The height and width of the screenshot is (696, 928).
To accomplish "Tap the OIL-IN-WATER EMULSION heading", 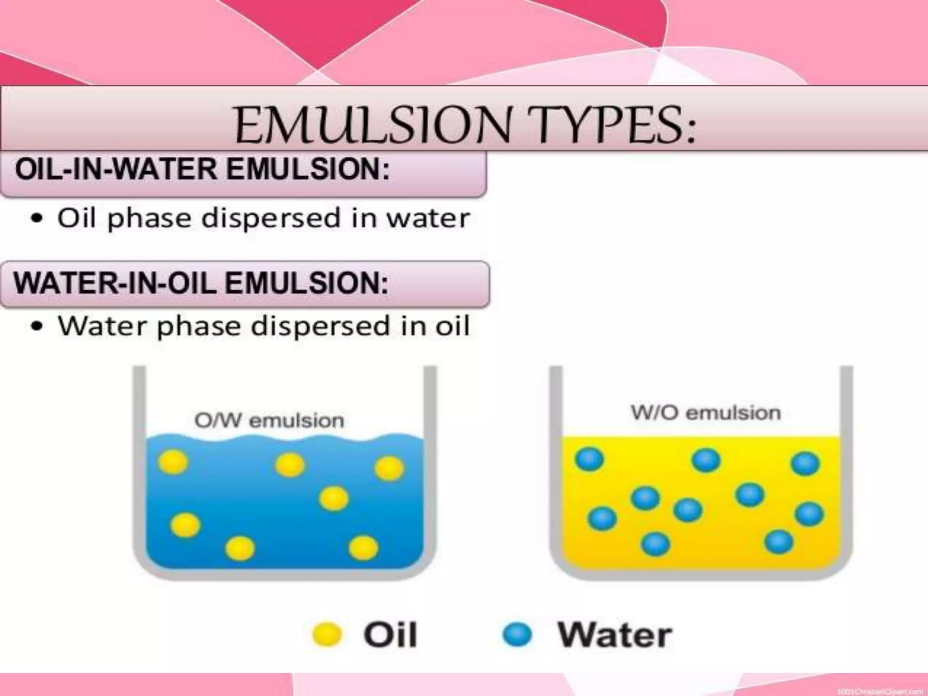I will click(202, 170).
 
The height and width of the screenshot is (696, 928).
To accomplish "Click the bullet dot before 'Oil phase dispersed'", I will click(37, 219).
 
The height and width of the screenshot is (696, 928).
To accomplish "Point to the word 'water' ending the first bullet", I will click(428, 218).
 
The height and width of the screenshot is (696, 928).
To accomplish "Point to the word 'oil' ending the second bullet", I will click(452, 326).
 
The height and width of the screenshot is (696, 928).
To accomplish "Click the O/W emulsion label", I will click(269, 420).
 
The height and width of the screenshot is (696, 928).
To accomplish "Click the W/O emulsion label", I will click(706, 413).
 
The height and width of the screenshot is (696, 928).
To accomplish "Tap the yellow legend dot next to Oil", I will click(327, 634).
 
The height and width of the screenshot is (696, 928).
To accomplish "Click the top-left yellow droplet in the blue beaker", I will click(173, 463).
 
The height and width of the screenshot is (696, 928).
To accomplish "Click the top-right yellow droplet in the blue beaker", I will click(389, 468).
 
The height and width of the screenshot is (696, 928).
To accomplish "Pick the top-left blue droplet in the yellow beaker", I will click(590, 459).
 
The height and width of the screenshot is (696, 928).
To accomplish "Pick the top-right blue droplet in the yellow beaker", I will click(805, 464).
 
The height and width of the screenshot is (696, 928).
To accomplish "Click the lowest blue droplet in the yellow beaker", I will click(656, 544).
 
